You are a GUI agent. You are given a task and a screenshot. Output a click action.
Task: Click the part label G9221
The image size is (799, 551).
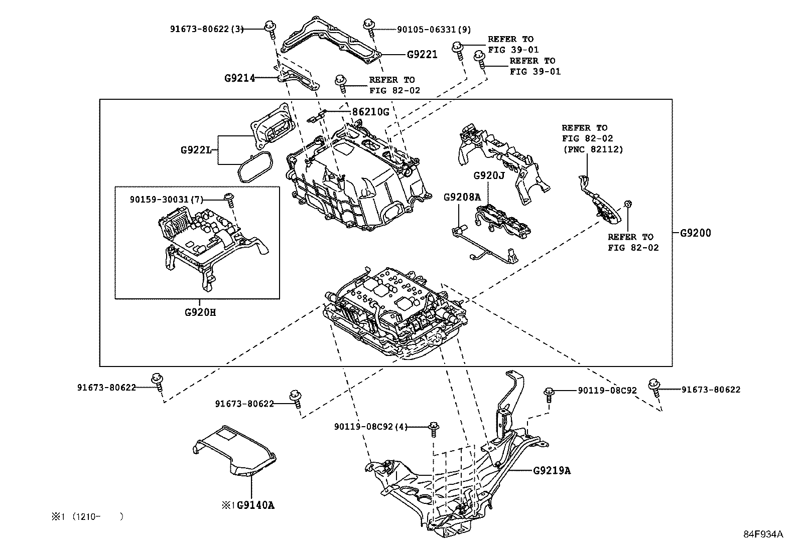422,55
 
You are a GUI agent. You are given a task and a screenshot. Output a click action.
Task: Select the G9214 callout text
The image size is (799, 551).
239,78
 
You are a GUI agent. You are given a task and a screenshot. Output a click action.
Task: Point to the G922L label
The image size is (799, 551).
196,150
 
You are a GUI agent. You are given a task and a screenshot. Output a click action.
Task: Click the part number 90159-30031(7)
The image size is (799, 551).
166,200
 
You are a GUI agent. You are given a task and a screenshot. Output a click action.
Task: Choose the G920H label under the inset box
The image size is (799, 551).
200,312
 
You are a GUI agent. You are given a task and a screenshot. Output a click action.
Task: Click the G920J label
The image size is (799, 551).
488,176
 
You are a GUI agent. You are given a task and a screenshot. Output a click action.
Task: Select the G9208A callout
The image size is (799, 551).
462,198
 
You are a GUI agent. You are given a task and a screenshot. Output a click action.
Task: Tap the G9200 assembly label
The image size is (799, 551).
696,233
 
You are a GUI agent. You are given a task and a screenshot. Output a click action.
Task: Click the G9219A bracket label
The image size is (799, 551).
552,471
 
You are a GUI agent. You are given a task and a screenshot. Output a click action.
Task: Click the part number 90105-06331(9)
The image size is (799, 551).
434,30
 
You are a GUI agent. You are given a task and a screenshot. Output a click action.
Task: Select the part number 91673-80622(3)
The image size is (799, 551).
206,29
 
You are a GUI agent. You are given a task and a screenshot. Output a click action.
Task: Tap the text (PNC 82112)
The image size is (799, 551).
592,149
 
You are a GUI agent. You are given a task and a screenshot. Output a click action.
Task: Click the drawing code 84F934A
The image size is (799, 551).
763,534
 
